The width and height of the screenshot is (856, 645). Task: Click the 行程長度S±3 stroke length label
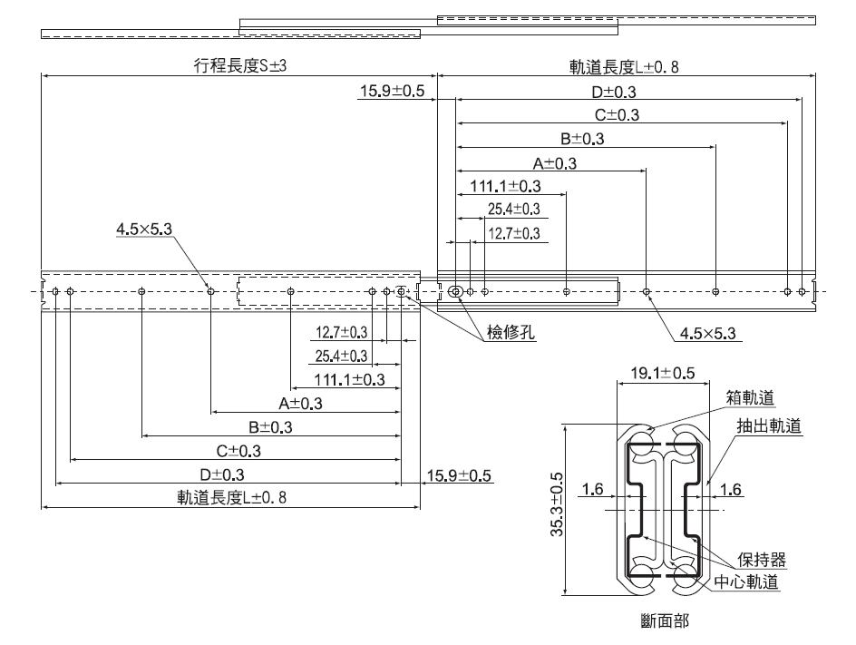pyautogui.click(x=233, y=65)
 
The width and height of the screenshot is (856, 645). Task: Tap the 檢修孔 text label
pyautogui.click(x=511, y=333)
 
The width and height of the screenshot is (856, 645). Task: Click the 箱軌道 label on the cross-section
pyautogui.click(x=750, y=396)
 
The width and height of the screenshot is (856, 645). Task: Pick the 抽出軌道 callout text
pyautogui.click(x=769, y=425)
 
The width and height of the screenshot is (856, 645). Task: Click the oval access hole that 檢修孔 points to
pyautogui.click(x=456, y=291)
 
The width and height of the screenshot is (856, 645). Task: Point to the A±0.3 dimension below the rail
pyautogui.click(x=301, y=403)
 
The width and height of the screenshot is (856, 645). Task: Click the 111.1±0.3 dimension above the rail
pyautogui.click(x=505, y=186)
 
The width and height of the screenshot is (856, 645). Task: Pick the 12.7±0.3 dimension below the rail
pyautogui.click(x=342, y=332)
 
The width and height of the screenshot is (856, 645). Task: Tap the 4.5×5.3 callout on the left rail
pyautogui.click(x=143, y=230)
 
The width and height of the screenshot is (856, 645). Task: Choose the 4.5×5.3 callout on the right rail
pyautogui.click(x=708, y=333)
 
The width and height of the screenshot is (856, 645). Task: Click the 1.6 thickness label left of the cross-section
pyautogui.click(x=593, y=491)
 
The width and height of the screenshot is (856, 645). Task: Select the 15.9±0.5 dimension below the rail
pyautogui.click(x=459, y=474)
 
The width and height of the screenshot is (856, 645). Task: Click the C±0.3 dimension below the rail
pyautogui.click(x=238, y=450)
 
